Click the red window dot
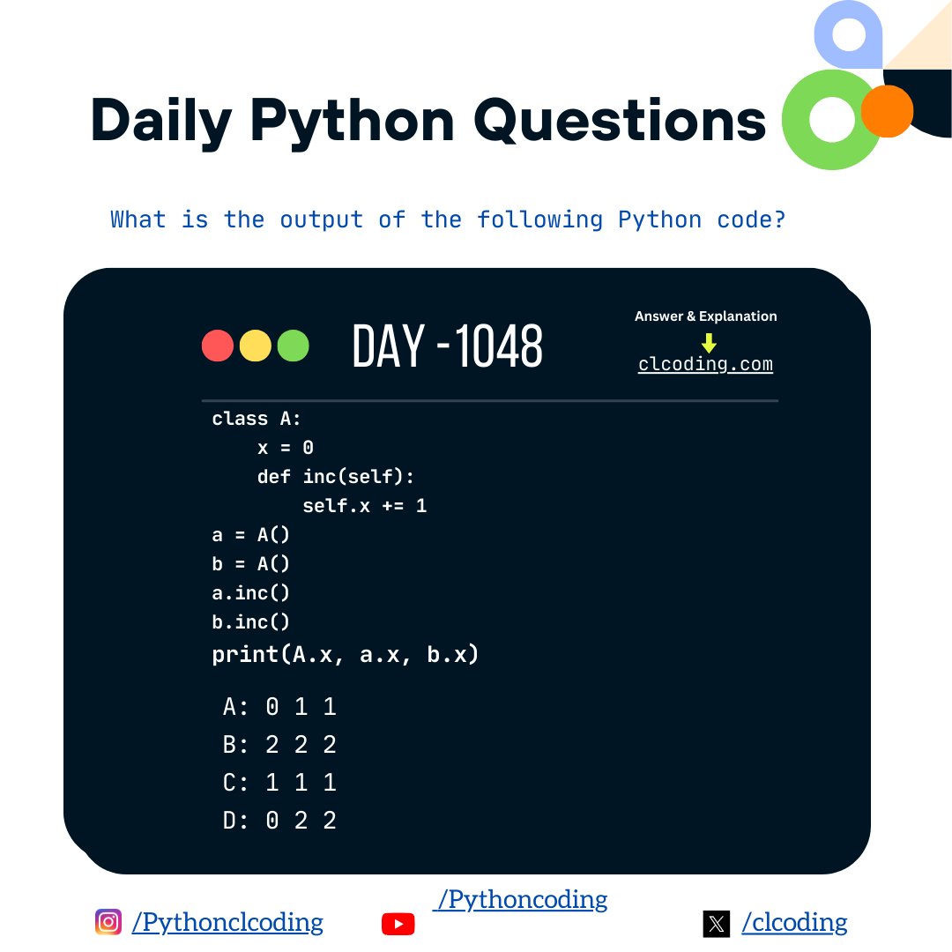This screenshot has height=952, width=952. (218, 346)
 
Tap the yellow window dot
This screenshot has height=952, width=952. (256, 346)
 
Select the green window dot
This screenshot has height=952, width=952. (294, 346)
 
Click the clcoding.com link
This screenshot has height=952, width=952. (705, 364)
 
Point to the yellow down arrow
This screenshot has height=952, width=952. (709, 342)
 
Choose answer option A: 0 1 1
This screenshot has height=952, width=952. (279, 707)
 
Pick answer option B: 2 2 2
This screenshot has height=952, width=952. (279, 745)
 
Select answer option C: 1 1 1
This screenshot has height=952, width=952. (279, 783)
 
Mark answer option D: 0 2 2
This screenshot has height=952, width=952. (279, 821)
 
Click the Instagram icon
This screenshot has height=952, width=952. (108, 922)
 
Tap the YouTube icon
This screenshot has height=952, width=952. (398, 923)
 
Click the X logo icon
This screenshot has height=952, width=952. (716, 924)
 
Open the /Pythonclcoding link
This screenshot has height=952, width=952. (227, 922)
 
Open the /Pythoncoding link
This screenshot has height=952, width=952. (521, 899)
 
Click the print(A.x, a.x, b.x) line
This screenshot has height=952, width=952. (346, 655)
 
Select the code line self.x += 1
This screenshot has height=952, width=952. (364, 506)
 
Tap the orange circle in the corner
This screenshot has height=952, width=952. (886, 111)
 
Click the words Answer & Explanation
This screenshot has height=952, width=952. (705, 316)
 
